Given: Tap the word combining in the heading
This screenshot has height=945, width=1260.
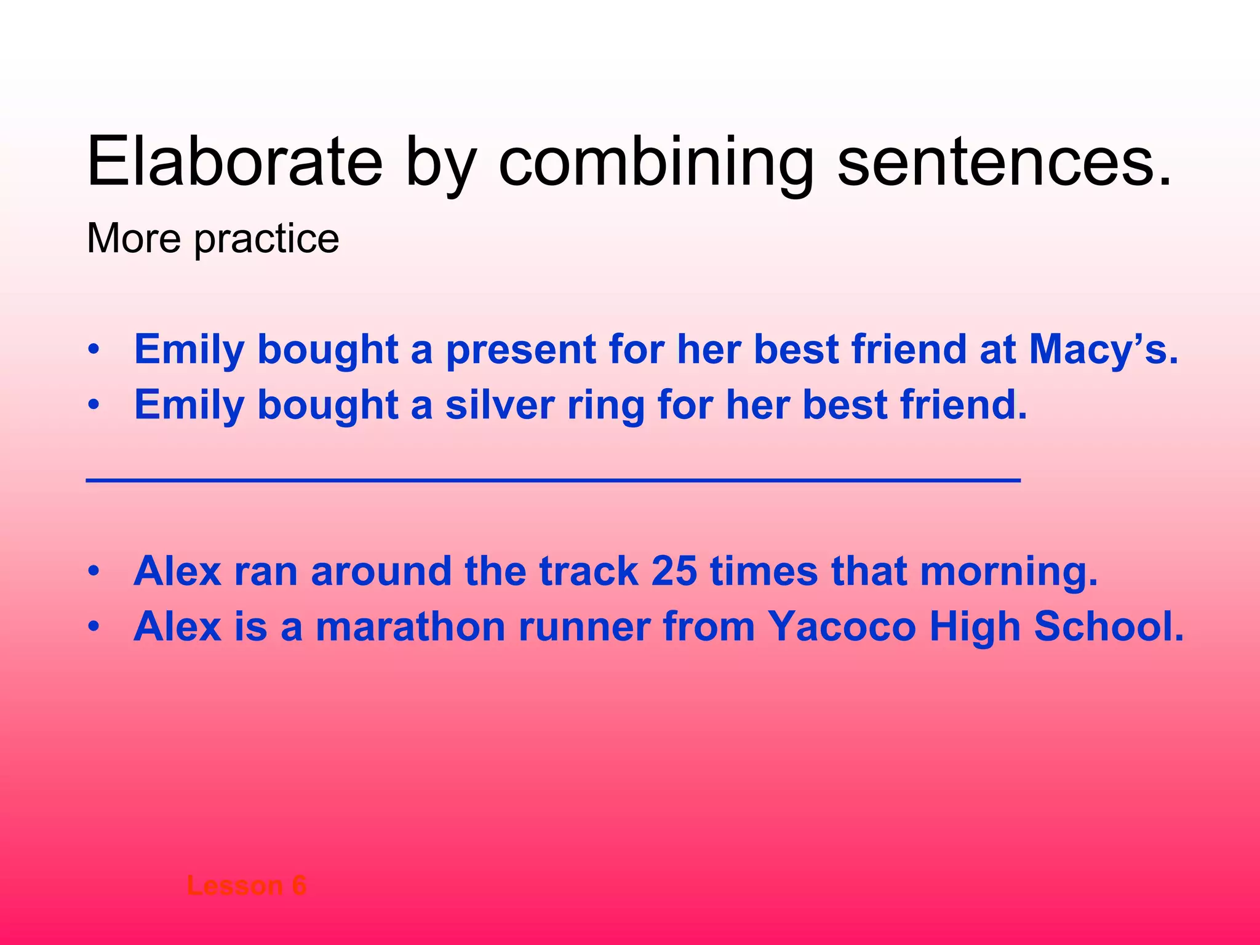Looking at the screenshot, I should click(656, 162).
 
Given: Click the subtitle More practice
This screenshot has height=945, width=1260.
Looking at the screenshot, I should click(213, 238).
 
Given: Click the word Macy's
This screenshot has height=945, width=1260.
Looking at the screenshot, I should click(1103, 349).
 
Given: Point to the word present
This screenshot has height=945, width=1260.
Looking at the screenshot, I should click(520, 349).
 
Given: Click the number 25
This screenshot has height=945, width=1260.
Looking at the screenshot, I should click(674, 571).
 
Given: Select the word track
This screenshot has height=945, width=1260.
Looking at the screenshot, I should click(588, 571).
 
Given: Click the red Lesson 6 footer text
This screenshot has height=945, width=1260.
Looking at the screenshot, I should click(246, 886).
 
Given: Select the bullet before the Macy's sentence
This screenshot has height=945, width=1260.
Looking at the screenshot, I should click(93, 350).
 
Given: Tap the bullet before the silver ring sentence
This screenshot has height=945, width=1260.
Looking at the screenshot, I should click(93, 405).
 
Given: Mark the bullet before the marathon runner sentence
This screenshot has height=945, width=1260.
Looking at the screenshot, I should click(93, 627).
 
